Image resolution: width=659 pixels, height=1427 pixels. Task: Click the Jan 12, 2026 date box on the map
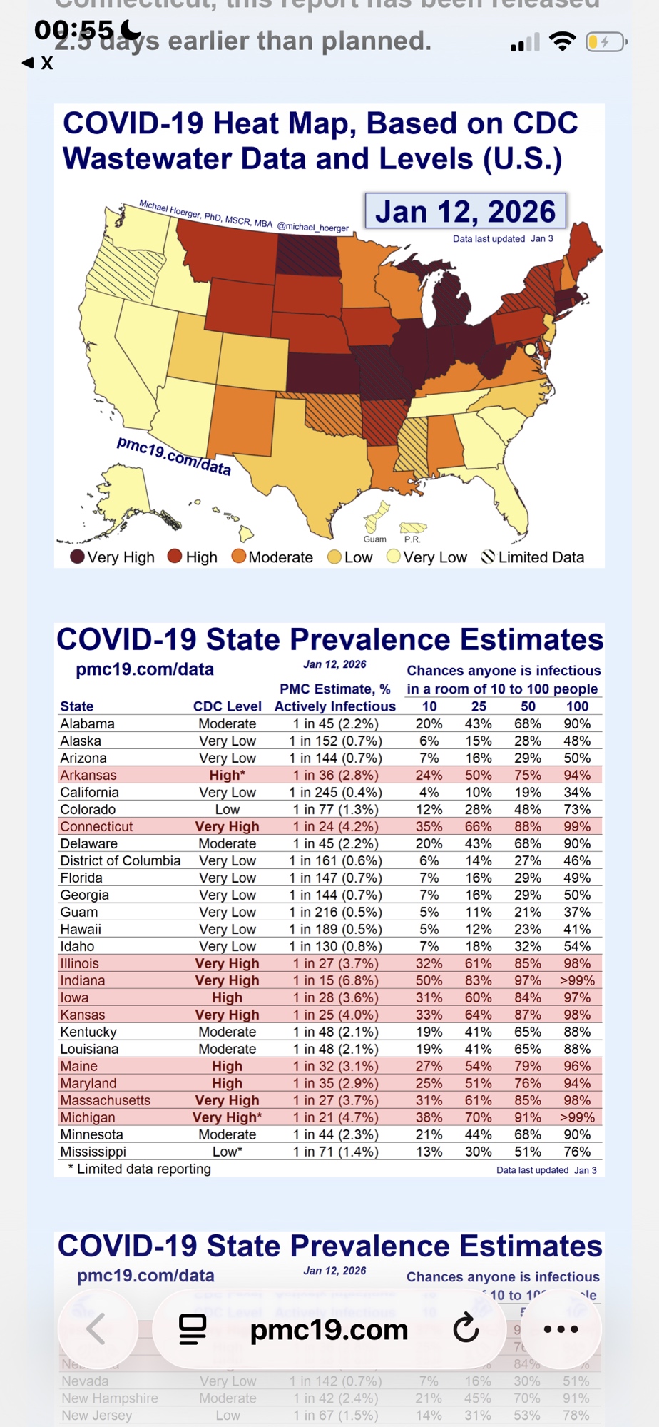click(465, 211)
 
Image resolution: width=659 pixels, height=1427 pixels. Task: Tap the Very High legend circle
click(77, 557)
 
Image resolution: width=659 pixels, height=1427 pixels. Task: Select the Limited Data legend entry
click(533, 557)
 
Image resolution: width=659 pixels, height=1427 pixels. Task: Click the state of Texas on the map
click(314, 457)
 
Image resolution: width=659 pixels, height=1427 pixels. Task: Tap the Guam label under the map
click(374, 539)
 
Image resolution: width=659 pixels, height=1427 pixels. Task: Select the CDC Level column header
click(227, 706)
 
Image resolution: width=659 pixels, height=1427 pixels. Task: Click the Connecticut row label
click(96, 826)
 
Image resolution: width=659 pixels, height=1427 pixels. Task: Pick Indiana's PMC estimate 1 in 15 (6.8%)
click(335, 980)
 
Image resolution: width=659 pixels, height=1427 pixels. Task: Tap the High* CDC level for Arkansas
click(227, 775)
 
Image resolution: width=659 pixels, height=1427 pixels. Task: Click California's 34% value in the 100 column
click(576, 792)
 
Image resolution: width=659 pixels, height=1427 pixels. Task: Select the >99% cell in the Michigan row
click(576, 1117)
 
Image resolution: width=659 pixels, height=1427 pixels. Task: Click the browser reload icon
click(466, 1329)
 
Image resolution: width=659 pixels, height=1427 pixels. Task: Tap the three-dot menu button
click(561, 1329)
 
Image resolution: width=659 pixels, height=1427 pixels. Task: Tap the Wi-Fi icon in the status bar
click(563, 42)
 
